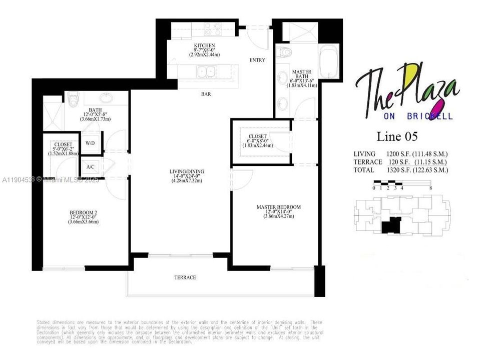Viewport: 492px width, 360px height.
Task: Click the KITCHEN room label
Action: point(204,46)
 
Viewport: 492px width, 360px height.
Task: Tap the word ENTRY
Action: point(257,60)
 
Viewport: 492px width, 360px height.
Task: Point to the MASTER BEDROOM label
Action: point(278,207)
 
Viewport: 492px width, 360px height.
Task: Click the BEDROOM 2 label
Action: point(83,213)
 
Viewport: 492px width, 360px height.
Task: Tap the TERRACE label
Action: point(185,277)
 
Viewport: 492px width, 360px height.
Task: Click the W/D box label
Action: point(91,143)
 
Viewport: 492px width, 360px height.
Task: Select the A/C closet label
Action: point(91,166)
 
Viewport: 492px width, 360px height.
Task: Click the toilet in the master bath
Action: point(286,52)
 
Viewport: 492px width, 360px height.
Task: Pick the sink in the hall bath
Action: point(107,97)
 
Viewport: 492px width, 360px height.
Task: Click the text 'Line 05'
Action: point(397,136)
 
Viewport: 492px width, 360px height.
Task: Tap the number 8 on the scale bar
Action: point(430,188)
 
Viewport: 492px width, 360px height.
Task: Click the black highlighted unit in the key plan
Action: point(391,225)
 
